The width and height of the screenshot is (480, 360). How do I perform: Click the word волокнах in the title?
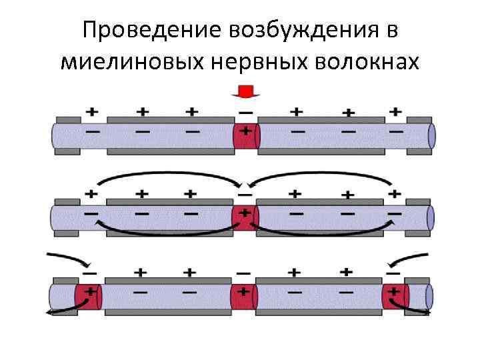[367, 62]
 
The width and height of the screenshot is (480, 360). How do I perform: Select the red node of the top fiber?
[245, 135]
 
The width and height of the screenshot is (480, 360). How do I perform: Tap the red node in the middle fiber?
[244, 217]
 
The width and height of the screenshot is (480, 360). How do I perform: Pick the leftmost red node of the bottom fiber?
[87, 295]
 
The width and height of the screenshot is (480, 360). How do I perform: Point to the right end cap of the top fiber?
[431, 135]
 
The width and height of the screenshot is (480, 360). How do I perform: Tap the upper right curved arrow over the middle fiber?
[320, 177]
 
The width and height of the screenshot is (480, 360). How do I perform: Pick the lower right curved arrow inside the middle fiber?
[320, 232]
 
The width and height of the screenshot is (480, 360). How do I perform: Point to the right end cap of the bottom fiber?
[429, 295]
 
